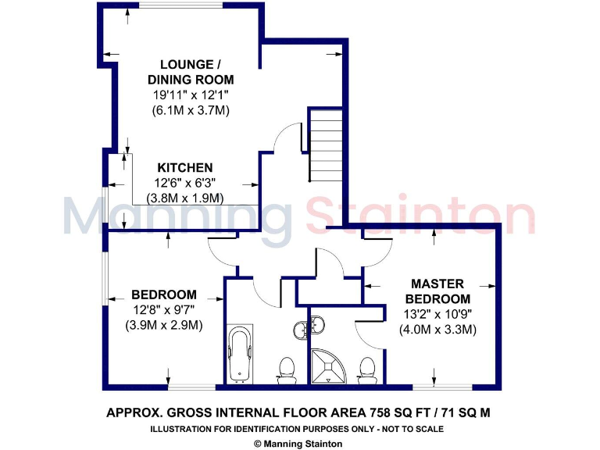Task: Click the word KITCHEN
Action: pos(185,168)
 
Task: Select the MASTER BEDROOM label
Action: pos(441,291)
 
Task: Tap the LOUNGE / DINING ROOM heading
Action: pos(191,72)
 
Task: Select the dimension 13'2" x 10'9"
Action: pos(437,314)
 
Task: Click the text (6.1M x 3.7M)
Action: pos(191,110)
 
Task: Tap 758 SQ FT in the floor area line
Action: pos(387,412)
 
